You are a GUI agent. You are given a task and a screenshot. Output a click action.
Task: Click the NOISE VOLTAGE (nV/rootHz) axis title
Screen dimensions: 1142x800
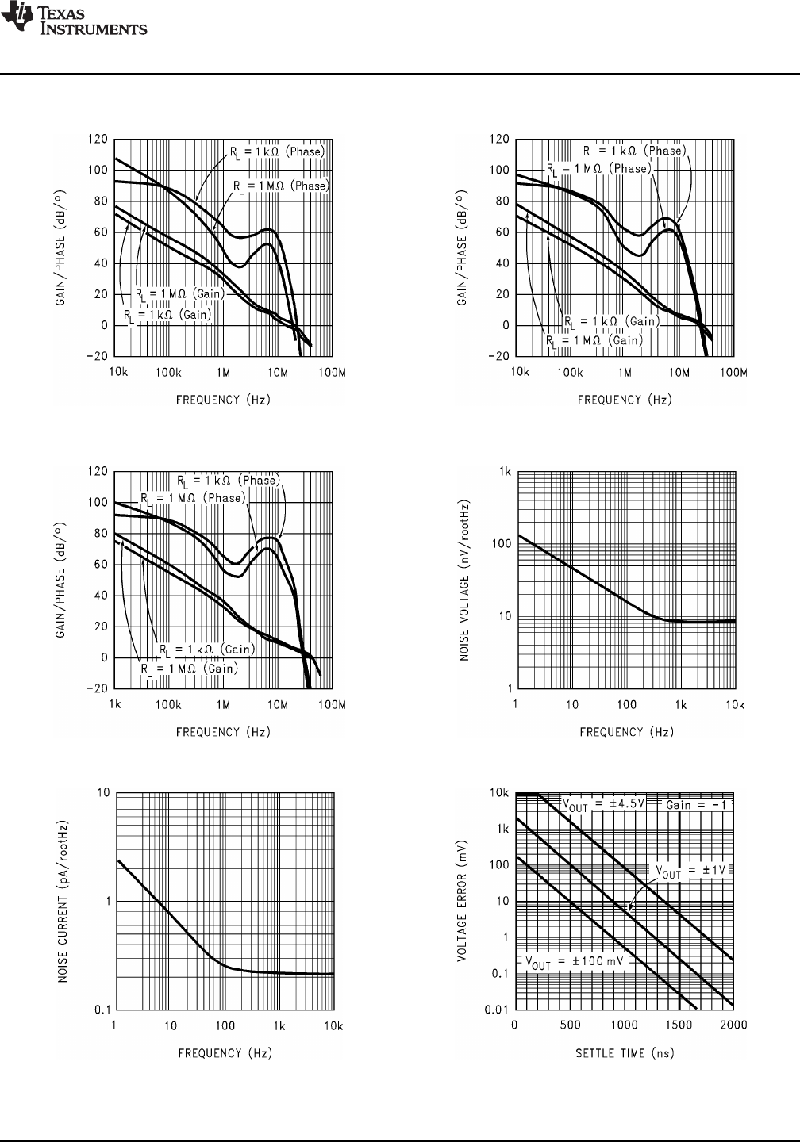tap(467, 581)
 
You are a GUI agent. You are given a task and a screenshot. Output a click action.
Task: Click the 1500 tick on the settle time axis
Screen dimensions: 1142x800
tap(679, 1025)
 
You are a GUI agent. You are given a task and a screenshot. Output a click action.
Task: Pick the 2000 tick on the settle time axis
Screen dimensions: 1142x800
tap(733, 1025)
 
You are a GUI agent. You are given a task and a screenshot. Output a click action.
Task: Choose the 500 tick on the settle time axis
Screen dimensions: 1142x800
tap(570, 1025)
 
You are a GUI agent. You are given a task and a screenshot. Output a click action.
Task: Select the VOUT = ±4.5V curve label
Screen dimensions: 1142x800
tap(600, 804)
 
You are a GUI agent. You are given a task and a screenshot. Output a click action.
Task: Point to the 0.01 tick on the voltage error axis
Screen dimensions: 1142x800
tap(497, 1009)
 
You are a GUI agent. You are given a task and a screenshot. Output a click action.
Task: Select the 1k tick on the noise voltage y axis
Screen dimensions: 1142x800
tap(504, 472)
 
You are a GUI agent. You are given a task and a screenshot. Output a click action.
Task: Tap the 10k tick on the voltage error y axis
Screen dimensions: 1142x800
tap(499, 793)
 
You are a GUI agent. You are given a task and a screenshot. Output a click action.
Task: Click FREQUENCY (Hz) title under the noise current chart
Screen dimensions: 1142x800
tap(223, 1052)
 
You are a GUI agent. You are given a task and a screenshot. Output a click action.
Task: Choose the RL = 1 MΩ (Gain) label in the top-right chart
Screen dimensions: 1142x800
tap(594, 339)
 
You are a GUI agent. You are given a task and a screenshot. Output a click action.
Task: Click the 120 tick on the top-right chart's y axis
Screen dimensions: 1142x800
tap(499, 140)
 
